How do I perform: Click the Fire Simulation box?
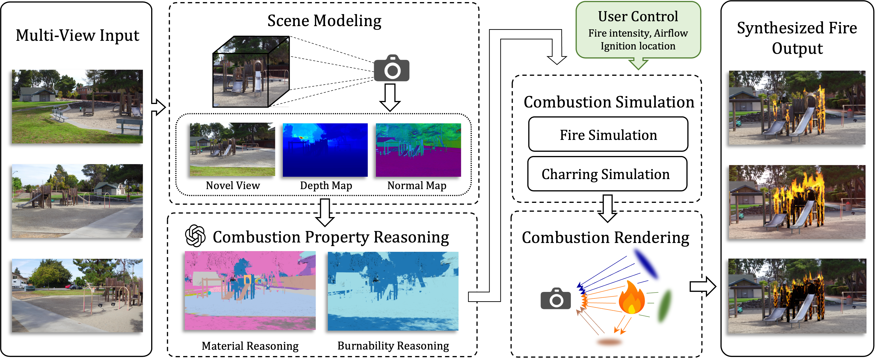click(x=608, y=135)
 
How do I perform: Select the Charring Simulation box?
click(x=607, y=174)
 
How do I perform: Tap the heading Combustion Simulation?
click(x=609, y=102)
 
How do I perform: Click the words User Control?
click(x=638, y=16)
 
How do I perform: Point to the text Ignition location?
click(x=638, y=46)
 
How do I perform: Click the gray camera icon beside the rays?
click(x=556, y=299)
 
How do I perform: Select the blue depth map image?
click(x=325, y=150)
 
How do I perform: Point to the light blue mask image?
click(x=393, y=291)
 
